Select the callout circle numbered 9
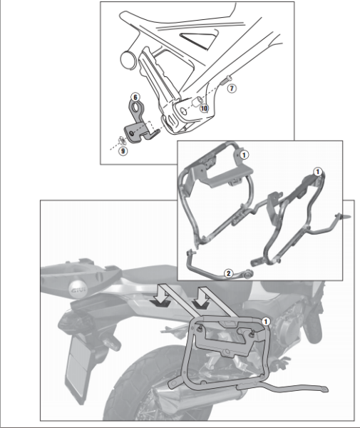coord(122,151)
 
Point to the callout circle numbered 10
coord(204,108)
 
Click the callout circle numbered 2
coord(227,272)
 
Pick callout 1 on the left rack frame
coord(243,153)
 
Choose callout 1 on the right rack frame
coord(318,172)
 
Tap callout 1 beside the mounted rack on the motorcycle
coord(266,322)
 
